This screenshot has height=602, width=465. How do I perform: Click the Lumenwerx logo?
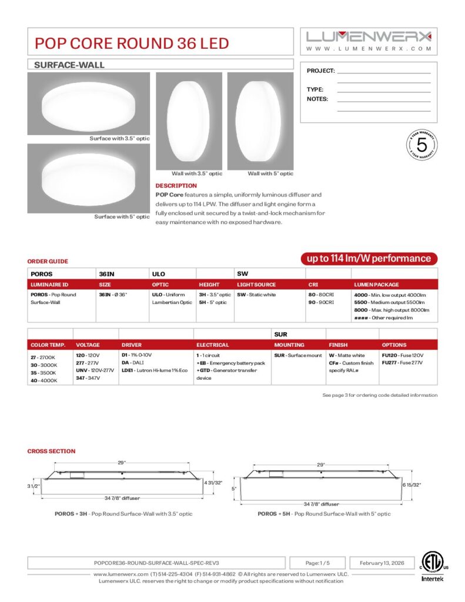(369, 36)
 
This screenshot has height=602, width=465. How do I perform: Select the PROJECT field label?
(320, 71)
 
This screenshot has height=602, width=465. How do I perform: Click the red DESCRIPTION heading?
(176, 186)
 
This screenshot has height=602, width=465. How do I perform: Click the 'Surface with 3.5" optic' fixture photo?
(88, 103)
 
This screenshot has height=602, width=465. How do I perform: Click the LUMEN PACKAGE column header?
(376, 285)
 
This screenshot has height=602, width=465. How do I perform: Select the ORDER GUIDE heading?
(48, 261)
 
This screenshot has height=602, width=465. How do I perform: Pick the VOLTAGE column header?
(88, 345)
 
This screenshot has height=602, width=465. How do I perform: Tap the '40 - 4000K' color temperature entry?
(44, 380)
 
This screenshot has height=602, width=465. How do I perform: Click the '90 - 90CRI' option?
(322, 302)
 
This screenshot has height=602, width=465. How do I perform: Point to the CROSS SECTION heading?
(51, 451)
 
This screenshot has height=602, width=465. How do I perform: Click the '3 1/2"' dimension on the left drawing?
(34, 486)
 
